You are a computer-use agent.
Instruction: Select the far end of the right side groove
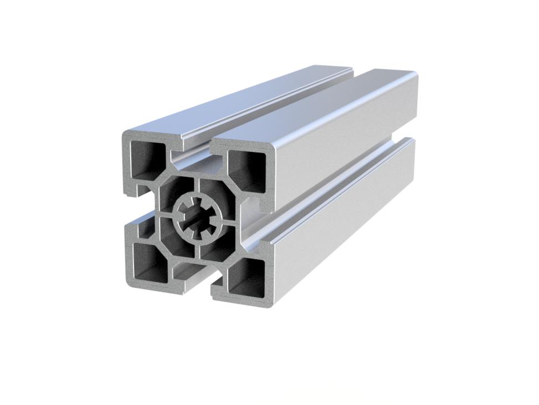coord(411,139)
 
